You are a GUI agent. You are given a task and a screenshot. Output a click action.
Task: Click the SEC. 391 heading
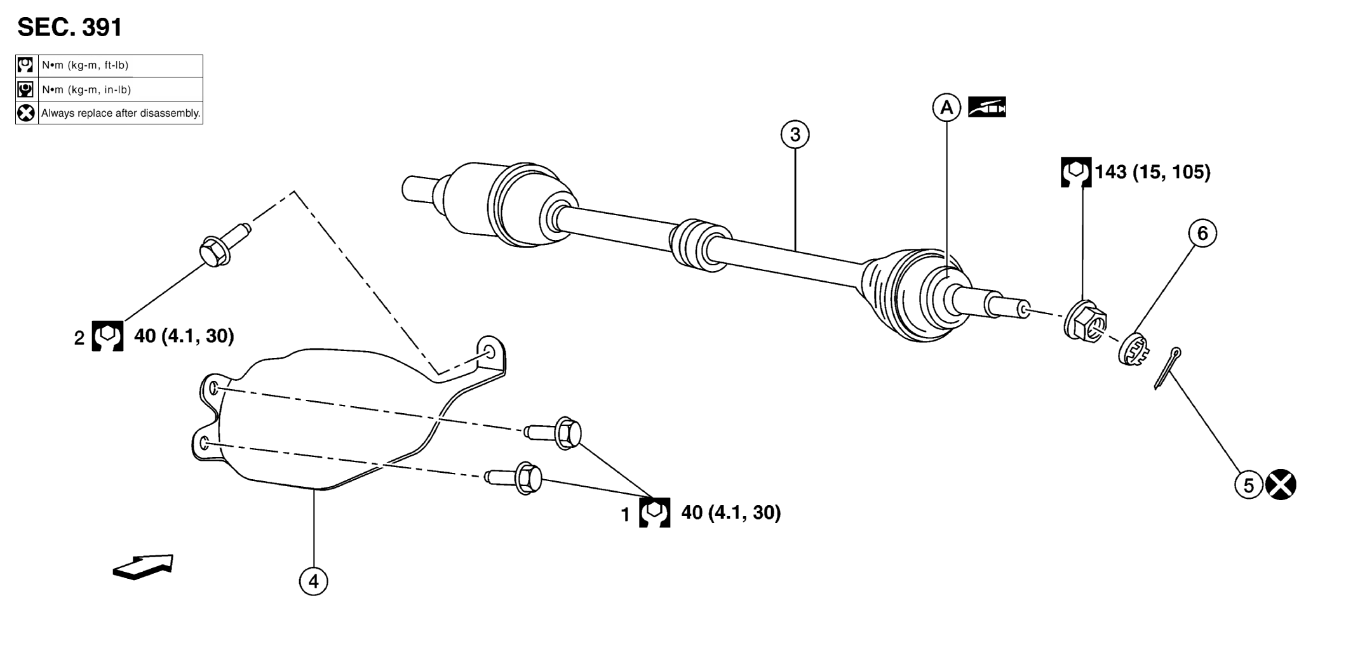coord(70,27)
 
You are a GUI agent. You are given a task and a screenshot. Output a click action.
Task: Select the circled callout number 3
coord(795,135)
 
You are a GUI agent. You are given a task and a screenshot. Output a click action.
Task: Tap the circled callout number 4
coord(313,581)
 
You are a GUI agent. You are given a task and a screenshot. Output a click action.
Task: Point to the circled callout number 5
coord(1248,486)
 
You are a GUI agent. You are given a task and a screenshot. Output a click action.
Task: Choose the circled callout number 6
coord(1202,234)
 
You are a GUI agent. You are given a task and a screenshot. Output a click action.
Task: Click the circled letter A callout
coord(946,108)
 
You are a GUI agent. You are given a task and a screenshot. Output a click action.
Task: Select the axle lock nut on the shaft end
coord(1086,322)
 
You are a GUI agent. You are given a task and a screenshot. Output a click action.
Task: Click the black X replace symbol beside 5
coord(1281,486)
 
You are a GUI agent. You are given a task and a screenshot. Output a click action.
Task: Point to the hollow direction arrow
coord(143,567)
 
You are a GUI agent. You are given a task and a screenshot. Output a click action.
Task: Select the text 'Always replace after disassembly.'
coord(121,114)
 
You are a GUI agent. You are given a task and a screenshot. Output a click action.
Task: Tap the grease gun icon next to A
coord(986,107)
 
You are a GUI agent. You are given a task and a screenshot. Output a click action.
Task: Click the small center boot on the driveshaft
coord(699,246)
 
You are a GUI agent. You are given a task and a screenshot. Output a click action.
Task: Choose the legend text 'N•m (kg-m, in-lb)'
coord(86,89)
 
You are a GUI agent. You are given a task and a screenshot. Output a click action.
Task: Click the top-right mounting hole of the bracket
coord(490,352)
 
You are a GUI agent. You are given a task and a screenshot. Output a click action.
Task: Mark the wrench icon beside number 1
coord(654,513)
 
